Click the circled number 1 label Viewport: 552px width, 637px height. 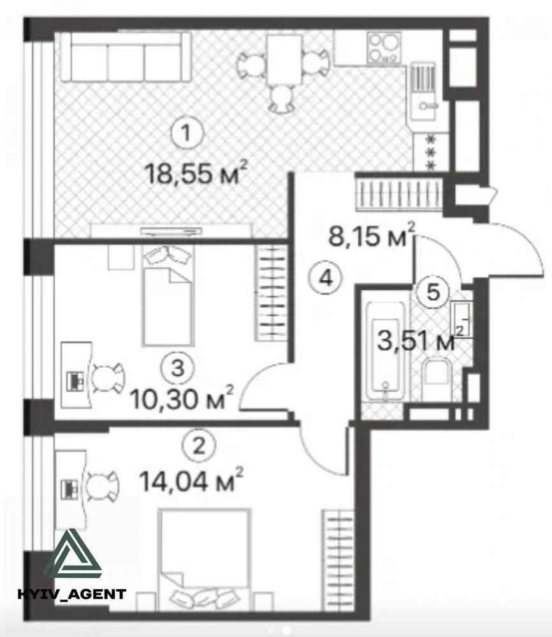(187, 133)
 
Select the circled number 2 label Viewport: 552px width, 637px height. (198, 447)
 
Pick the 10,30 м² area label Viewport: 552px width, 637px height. (182, 398)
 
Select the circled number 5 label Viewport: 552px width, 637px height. (433, 292)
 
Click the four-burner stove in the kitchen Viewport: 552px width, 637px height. (383, 48)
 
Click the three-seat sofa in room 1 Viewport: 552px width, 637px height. (126, 57)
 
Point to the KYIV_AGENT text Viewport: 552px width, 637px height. (71, 594)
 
